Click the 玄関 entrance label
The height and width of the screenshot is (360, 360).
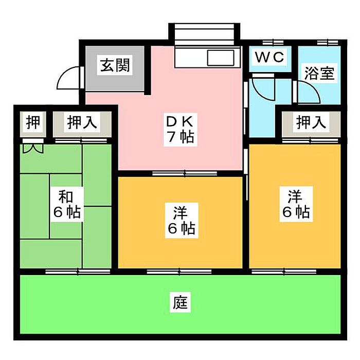115,65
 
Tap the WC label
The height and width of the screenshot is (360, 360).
269,57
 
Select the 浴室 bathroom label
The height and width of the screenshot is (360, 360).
319,73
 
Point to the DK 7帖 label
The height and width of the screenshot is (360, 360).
180,130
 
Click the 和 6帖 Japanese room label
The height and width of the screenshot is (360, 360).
67,204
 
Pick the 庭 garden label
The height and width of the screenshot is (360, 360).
180,302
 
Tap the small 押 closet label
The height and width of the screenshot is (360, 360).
33,122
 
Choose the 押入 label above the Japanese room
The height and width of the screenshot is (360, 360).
82,122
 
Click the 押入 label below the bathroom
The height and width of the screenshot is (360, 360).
311,122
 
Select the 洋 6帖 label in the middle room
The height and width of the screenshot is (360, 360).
182,220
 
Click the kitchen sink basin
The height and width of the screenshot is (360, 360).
221,58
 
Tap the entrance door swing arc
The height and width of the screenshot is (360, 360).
68,78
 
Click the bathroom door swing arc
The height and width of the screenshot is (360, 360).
312,89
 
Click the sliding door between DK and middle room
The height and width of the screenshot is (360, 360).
185,173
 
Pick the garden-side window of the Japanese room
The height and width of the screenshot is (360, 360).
78,272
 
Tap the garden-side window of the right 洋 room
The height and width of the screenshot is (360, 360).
284,272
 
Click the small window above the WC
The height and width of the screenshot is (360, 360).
273,43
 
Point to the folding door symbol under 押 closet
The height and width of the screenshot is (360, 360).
33,148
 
